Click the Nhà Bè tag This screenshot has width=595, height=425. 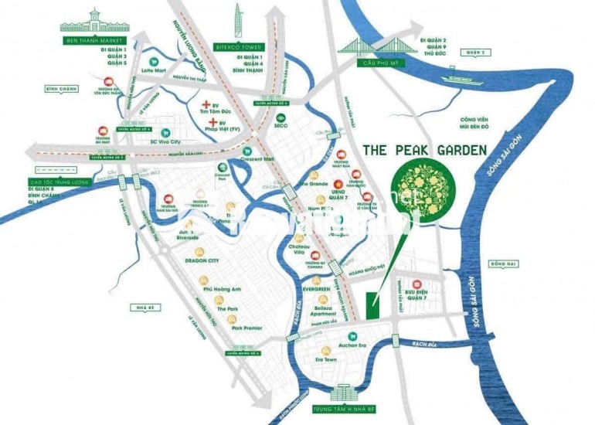click(139, 305)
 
